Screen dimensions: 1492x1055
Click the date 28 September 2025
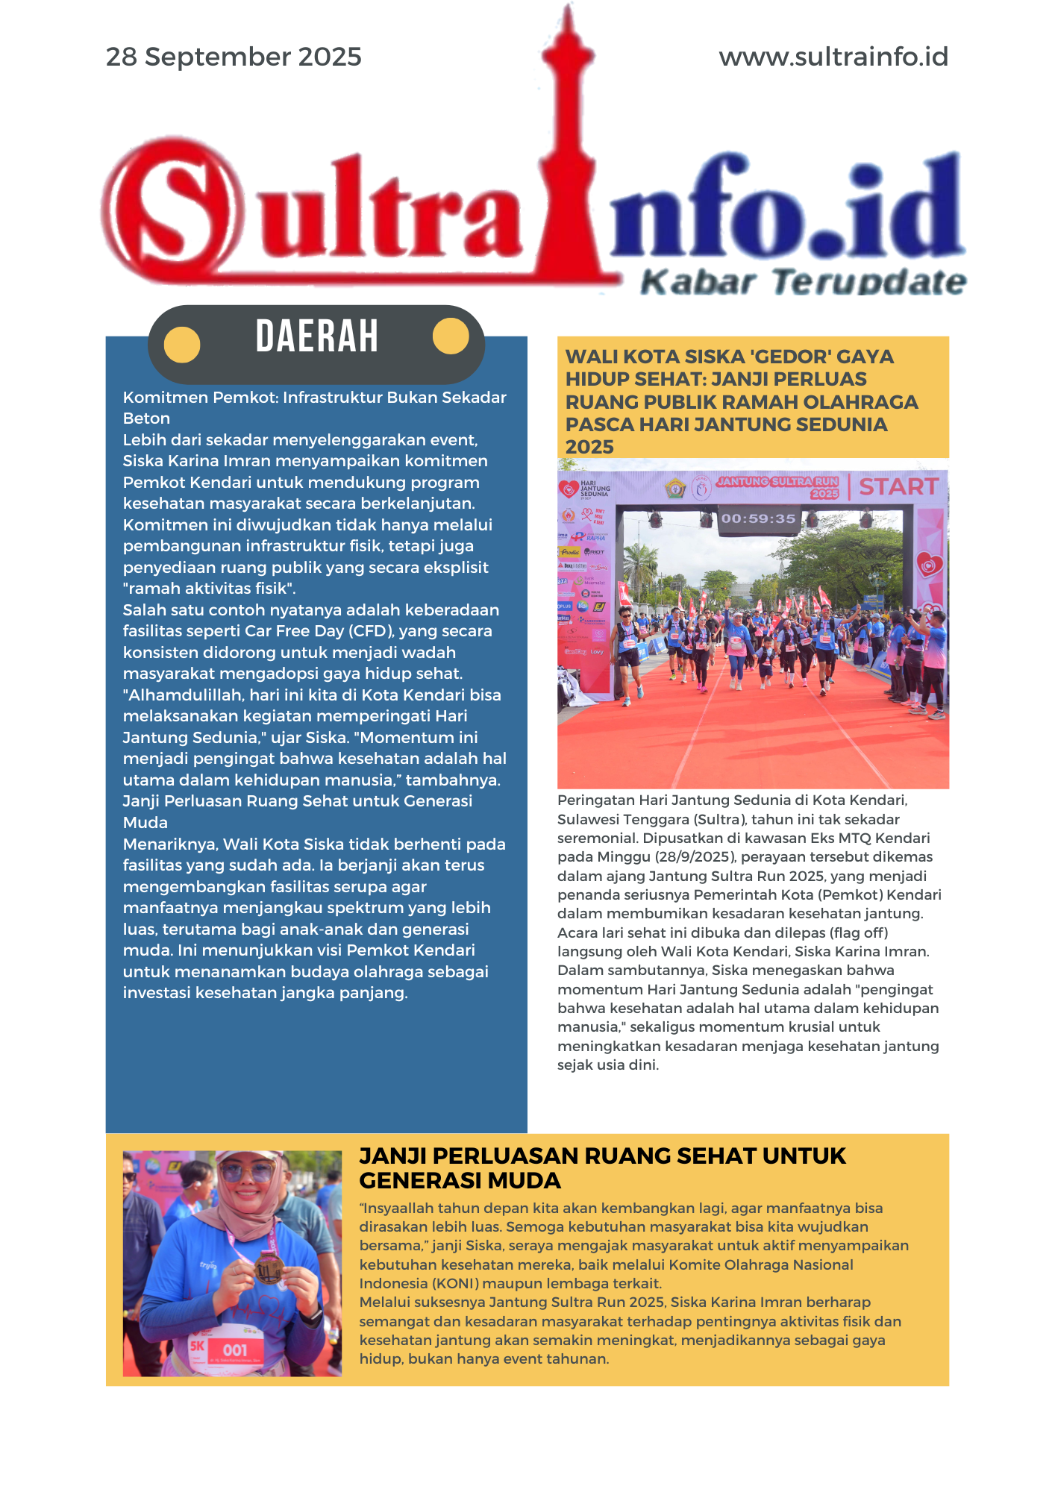click(x=234, y=57)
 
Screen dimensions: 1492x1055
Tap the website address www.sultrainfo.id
click(x=833, y=57)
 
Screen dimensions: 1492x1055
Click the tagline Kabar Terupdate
click(x=803, y=282)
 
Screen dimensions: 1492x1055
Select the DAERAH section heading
click(x=316, y=336)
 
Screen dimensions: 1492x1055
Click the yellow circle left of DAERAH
click(x=182, y=345)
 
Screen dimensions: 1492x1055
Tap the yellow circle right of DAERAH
click(x=451, y=336)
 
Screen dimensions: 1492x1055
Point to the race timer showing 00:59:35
click(x=758, y=518)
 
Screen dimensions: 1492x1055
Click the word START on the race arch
click(x=898, y=486)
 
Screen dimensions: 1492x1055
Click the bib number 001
click(x=235, y=1350)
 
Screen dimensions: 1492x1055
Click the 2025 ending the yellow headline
click(x=589, y=447)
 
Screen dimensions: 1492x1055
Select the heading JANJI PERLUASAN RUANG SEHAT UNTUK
click(x=602, y=1156)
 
